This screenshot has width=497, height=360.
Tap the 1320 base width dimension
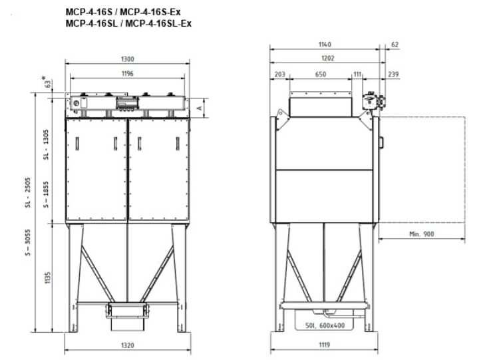128,345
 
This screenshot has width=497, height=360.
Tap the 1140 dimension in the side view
324,45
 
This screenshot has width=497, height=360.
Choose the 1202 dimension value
324,59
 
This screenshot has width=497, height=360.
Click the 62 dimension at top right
394,45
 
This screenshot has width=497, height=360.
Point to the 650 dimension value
320,75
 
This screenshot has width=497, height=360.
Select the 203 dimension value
279,75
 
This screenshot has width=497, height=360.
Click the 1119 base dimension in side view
324,345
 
